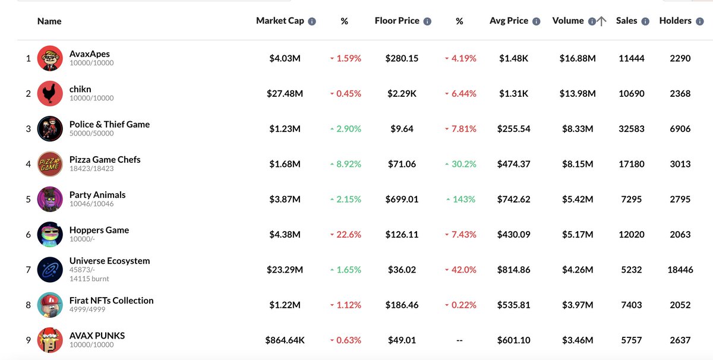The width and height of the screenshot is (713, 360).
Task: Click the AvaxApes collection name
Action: [89, 54]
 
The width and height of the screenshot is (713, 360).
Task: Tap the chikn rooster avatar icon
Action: [50, 94]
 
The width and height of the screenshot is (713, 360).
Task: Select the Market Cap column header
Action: [280, 21]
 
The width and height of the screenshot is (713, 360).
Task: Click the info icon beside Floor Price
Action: [427, 21]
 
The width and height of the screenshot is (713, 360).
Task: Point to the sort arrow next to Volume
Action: [602, 21]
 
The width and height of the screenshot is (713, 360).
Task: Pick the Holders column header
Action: [675, 21]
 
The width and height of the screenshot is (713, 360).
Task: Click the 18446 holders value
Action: [680, 270]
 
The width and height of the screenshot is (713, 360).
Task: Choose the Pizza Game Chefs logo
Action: [50, 164]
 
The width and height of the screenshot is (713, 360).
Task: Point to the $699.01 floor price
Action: [402, 199]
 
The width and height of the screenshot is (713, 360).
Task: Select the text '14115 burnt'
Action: [89, 279]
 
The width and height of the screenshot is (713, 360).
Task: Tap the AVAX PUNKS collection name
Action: [97, 336]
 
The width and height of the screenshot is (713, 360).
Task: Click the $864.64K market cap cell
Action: [285, 340]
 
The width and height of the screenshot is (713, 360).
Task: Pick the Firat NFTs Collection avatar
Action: [50, 305]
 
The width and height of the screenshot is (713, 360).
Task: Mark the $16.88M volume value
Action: [578, 58]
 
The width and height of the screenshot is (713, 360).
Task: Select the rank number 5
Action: [28, 199]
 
